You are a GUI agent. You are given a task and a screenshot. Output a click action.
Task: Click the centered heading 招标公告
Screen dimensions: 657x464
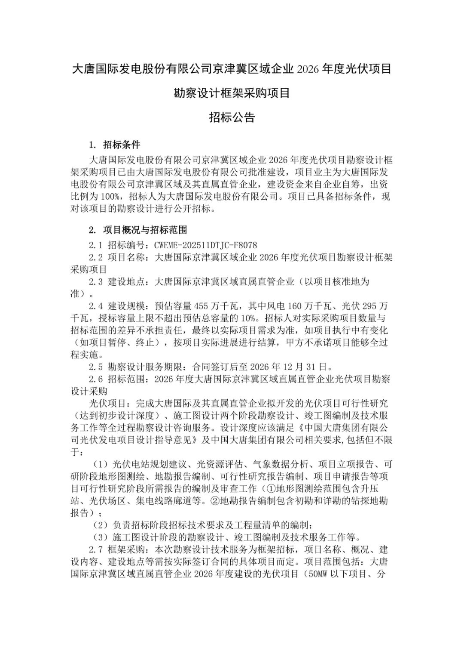(x=232, y=117)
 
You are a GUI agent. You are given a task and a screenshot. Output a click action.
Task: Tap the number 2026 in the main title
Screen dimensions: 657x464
(x=305, y=69)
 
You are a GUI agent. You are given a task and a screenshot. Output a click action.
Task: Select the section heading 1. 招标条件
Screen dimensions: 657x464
(x=114, y=145)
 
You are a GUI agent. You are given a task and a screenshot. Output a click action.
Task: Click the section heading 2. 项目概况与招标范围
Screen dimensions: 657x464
(x=137, y=230)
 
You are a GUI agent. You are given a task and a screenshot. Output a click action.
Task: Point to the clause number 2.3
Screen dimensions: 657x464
(x=95, y=282)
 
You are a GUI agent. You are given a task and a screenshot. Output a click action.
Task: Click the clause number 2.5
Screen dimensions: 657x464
(x=95, y=367)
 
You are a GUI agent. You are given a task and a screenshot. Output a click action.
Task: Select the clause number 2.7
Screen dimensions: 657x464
(x=95, y=549)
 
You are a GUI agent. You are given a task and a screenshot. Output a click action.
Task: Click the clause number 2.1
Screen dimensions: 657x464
(x=95, y=245)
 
